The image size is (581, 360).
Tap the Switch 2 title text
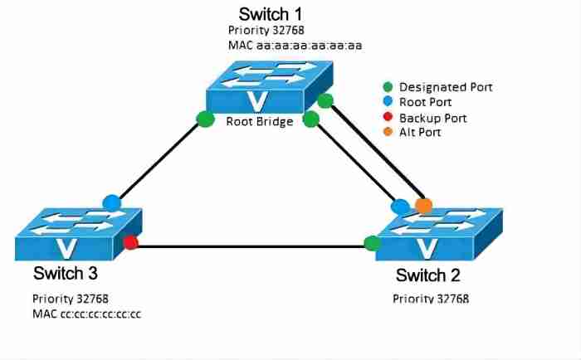(427, 275)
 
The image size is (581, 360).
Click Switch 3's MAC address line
(87, 313)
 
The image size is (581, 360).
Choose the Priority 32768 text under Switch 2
(437, 298)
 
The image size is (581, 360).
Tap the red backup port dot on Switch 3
(130, 242)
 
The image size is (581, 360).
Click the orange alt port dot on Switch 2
(423, 205)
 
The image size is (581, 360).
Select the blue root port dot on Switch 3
(111, 202)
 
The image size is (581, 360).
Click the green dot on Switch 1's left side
(206, 119)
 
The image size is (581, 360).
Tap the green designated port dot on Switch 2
(373, 243)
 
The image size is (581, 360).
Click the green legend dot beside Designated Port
(388, 86)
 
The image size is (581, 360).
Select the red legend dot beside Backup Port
(388, 118)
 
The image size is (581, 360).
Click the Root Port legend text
(426, 102)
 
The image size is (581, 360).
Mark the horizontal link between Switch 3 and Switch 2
(249, 246)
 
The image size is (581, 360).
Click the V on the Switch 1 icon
(263, 101)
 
